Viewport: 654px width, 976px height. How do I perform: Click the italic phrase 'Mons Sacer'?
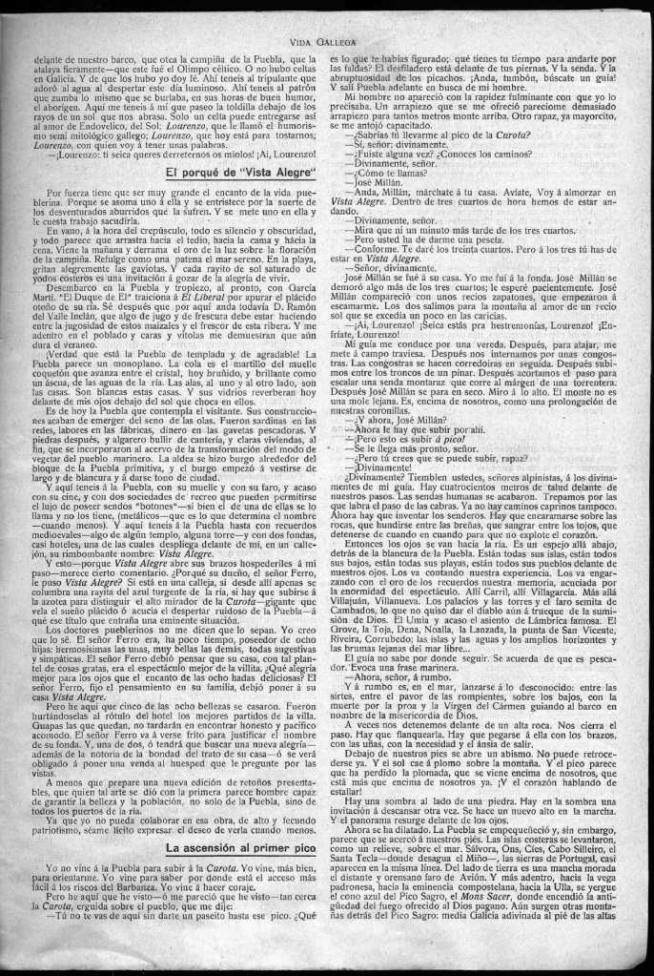point(494,926)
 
